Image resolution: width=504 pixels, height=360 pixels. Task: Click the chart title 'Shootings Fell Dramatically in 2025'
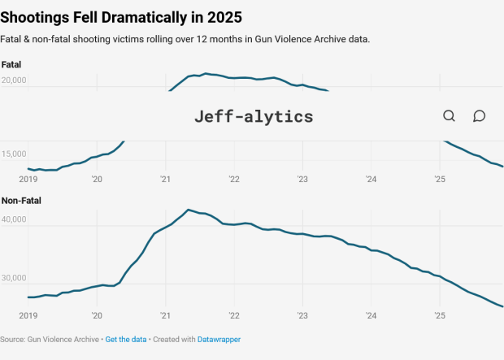click(x=121, y=16)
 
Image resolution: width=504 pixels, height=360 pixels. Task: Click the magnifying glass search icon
click(x=449, y=116)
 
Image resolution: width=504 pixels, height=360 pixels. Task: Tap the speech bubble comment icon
click(x=479, y=116)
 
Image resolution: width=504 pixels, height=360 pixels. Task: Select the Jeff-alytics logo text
click(x=253, y=116)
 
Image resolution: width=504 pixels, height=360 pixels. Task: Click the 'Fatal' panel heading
click(x=11, y=64)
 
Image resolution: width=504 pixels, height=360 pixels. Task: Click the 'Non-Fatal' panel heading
click(x=21, y=200)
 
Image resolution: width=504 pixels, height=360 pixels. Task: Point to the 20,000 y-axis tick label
click(x=14, y=80)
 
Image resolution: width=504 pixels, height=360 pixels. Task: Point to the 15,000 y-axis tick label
click(x=14, y=154)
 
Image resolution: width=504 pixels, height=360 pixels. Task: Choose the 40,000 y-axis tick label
click(x=14, y=219)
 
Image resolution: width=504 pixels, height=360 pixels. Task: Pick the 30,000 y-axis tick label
click(x=14, y=278)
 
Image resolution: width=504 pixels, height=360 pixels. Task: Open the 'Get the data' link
click(x=126, y=339)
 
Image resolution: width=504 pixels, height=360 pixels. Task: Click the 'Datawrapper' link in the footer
click(x=219, y=339)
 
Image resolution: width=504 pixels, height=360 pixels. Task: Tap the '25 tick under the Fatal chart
click(x=439, y=179)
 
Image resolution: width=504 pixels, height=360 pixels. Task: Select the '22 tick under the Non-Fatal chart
click(x=234, y=315)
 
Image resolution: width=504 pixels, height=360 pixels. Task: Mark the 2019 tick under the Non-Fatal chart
click(x=28, y=315)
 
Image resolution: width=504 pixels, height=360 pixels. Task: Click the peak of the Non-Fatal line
click(x=188, y=210)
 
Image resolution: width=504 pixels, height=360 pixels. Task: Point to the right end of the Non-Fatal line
click(x=502, y=306)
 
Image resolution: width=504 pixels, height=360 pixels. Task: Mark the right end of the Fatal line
click(x=502, y=167)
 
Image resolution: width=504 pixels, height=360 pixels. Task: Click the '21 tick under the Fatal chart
click(x=165, y=179)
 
